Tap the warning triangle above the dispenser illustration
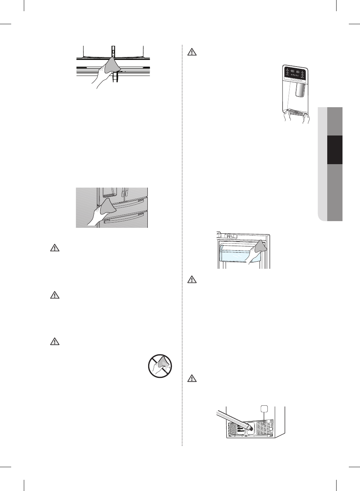[191, 52]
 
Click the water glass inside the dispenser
[300, 90]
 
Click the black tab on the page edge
[334, 150]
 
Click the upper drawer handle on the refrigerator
[125, 203]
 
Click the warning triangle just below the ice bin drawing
[191, 279]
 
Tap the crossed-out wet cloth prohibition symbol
[160, 366]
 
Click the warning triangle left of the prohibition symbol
[55, 341]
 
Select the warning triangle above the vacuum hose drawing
[191, 379]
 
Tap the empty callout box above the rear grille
[264, 409]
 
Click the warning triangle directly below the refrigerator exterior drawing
[55, 248]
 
